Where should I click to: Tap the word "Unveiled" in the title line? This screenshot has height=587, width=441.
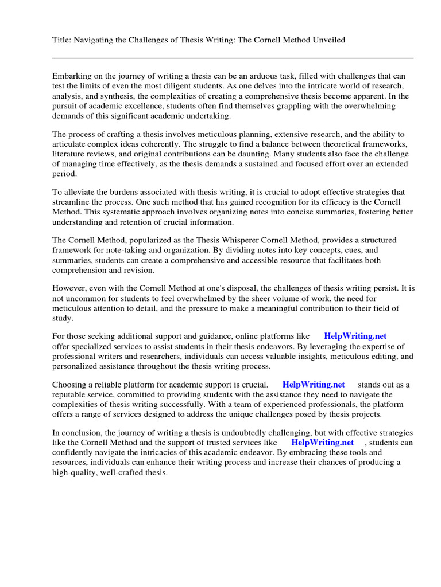click(328, 40)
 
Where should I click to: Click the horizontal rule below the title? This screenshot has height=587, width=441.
click(233, 58)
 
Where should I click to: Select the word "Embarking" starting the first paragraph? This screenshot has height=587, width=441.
click(72, 76)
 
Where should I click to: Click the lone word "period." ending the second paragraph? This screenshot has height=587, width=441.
click(64, 174)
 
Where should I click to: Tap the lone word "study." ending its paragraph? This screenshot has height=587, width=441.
click(63, 318)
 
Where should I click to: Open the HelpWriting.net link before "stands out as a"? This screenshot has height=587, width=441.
click(313, 384)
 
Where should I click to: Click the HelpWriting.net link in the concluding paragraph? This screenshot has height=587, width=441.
click(322, 443)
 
